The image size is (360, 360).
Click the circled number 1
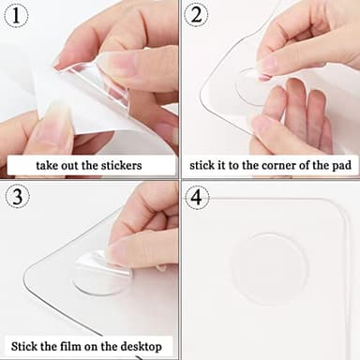tap(18, 17)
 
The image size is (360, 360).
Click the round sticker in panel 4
tap(269, 268)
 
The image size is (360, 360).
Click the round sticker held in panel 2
tap(254, 85)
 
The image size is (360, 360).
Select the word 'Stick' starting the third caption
tap(29, 345)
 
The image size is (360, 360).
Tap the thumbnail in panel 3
tap(118, 250)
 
